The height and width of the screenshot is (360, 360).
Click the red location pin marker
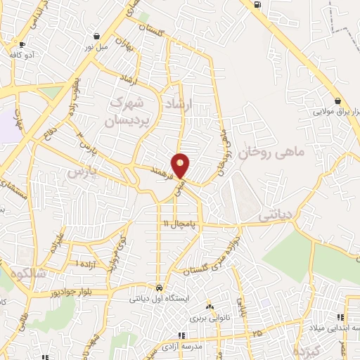click(181, 165)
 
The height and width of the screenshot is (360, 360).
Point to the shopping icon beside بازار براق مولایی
click(339, 101)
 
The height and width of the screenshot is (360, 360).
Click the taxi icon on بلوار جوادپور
click(160, 288)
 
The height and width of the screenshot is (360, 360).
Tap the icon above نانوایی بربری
click(209, 307)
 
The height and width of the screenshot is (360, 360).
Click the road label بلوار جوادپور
click(67, 290)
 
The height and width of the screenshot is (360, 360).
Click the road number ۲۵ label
click(257, 332)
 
